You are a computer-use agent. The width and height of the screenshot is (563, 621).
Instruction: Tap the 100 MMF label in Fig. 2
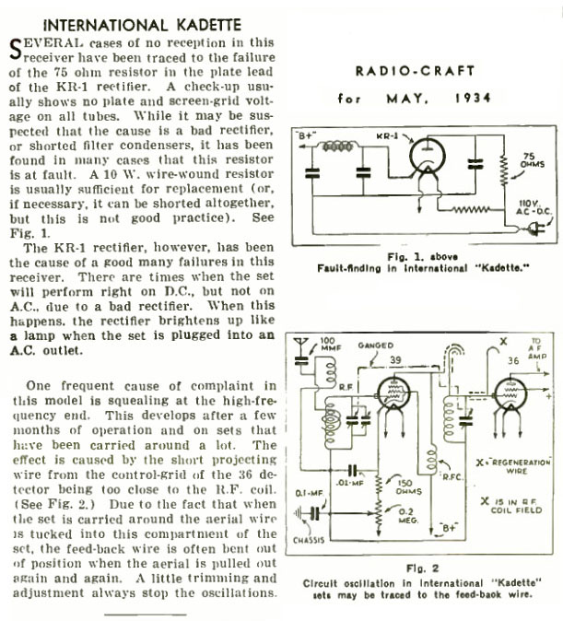[x=329, y=346]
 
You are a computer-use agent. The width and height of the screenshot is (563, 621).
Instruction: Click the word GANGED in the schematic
[x=381, y=345]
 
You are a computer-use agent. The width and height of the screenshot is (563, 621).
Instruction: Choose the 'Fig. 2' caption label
[x=425, y=570]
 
